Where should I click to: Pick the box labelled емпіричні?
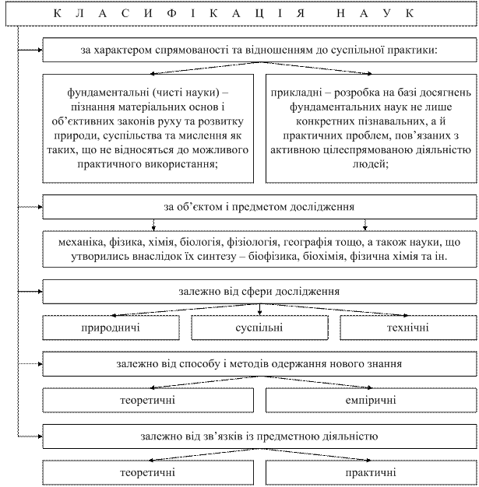coord(370,400)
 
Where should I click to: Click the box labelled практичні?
coord(370,471)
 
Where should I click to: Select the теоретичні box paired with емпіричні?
coord(146,400)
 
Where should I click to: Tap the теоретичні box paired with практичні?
coord(146,471)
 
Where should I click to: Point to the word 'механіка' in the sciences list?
coord(70,242)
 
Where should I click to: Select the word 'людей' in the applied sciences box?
coord(370,164)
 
